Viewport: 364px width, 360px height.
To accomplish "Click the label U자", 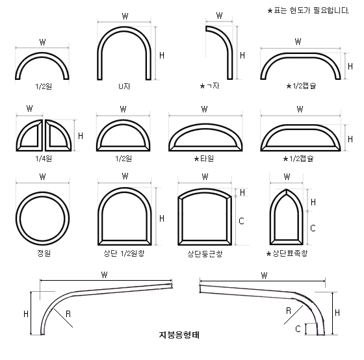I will coord(124,86).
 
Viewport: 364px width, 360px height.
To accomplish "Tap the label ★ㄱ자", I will coord(212,86).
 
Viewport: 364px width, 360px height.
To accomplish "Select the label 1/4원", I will coord(42,158).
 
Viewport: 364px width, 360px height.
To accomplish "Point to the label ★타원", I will coord(203,158).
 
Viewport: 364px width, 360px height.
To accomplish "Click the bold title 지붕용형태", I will coord(179,335).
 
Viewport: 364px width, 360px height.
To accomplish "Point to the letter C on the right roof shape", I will coord(298,329).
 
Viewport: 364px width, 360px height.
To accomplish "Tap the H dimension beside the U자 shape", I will coord(161,56).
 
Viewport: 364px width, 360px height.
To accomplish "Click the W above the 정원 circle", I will coord(42,176).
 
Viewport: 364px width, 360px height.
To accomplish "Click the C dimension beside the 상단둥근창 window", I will coord(241,221).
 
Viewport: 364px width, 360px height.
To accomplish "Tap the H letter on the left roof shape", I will coord(26,313).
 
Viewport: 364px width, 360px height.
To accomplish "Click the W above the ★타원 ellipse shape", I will coord(204,109).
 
